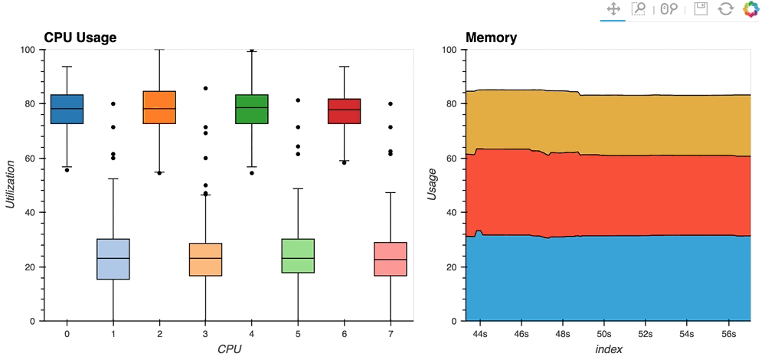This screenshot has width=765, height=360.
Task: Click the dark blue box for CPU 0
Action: (x=67, y=109)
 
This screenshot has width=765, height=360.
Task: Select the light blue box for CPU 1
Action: (x=113, y=259)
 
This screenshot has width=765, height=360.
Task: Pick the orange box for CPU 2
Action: (x=159, y=107)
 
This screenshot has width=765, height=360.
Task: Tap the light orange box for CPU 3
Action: (x=205, y=260)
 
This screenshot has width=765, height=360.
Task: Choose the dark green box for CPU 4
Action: (x=251, y=109)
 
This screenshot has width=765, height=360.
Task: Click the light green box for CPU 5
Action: (x=297, y=256)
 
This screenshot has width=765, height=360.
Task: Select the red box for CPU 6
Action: (x=343, y=110)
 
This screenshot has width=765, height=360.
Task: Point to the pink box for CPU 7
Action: (x=389, y=259)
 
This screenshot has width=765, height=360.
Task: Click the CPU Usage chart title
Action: (x=80, y=37)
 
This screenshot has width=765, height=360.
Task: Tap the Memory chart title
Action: (x=491, y=37)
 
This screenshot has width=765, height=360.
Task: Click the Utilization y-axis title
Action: (x=11, y=185)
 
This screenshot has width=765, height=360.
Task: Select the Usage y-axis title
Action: (x=432, y=185)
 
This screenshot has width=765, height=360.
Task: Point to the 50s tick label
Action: (x=603, y=335)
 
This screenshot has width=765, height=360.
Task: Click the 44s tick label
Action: (x=480, y=335)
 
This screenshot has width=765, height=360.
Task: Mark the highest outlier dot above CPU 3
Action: (x=205, y=89)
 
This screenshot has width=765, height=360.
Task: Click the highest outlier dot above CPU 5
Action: (x=297, y=100)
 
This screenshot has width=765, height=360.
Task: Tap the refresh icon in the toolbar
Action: (x=725, y=9)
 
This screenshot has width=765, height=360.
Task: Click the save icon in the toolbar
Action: (x=700, y=9)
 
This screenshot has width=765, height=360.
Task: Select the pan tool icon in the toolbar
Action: (x=613, y=9)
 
